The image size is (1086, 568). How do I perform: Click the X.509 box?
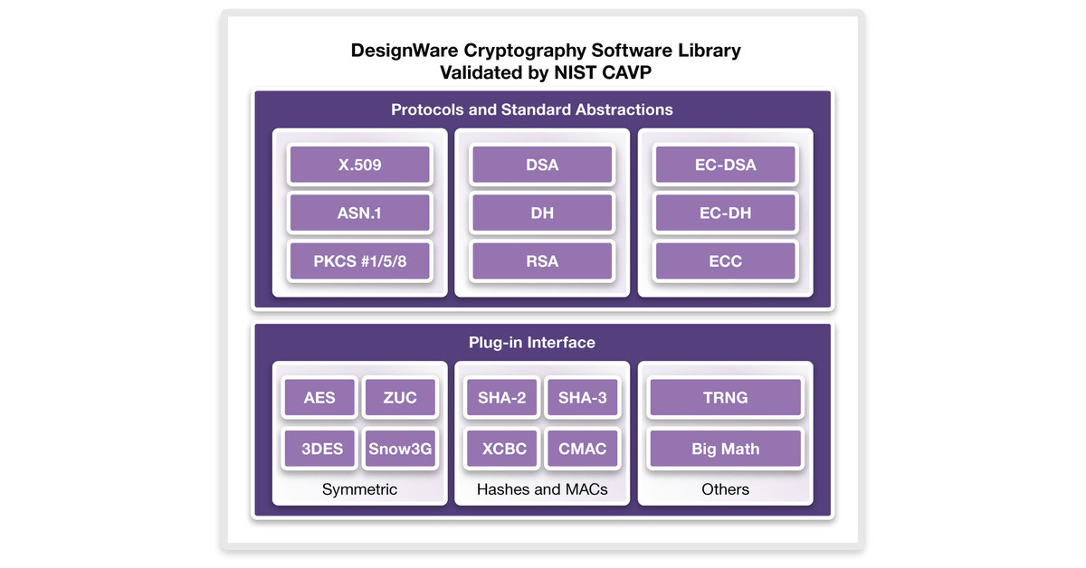pyautogui.click(x=359, y=166)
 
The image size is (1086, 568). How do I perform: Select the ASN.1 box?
pyautogui.click(x=359, y=213)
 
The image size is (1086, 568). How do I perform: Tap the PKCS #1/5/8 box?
pyautogui.click(x=359, y=261)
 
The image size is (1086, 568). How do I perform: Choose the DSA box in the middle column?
pyautogui.click(x=542, y=166)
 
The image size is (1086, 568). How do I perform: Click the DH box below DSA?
pyautogui.click(x=542, y=213)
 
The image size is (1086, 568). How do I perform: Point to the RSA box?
pyautogui.click(x=542, y=261)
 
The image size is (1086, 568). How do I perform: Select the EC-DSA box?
pyautogui.click(x=725, y=166)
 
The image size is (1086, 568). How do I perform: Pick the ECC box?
pyautogui.click(x=725, y=261)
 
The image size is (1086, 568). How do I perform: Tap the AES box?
pyautogui.click(x=319, y=398)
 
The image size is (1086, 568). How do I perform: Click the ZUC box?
pyautogui.click(x=400, y=398)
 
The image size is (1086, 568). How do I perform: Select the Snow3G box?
pyautogui.click(x=400, y=449)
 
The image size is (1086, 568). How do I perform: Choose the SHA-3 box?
pyautogui.click(x=582, y=398)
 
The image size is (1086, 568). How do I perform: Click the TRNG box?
pyautogui.click(x=725, y=398)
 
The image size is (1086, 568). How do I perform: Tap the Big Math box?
pyautogui.click(x=725, y=449)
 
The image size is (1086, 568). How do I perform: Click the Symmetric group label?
pyautogui.click(x=359, y=489)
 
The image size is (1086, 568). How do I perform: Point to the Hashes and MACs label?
pyautogui.click(x=542, y=489)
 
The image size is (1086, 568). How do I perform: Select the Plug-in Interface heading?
pyautogui.click(x=532, y=343)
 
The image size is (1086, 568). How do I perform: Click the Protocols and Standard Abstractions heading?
pyautogui.click(x=532, y=109)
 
